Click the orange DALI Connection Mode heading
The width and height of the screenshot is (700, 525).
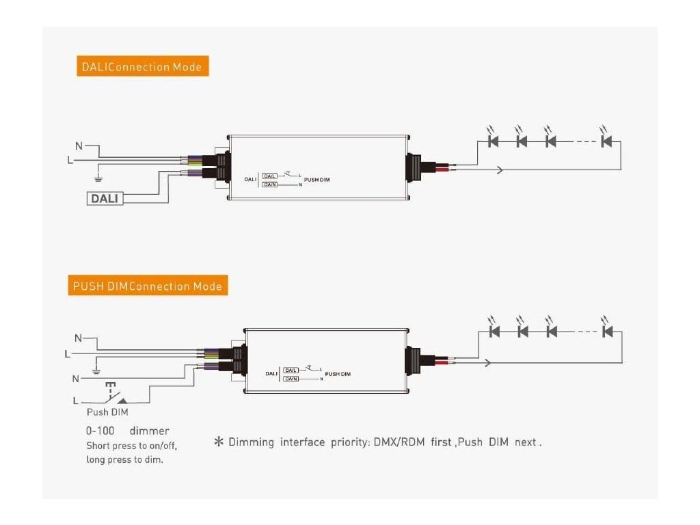(x=142, y=67)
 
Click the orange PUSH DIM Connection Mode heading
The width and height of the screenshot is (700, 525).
(x=149, y=286)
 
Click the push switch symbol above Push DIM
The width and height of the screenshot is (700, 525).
(x=113, y=396)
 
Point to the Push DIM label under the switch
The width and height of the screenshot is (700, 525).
(x=107, y=412)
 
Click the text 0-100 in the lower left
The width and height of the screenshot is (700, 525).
(x=100, y=431)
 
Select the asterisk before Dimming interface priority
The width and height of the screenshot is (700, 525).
(x=219, y=442)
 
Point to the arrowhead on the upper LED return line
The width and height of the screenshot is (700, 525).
(x=500, y=170)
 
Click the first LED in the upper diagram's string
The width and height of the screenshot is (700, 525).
(x=494, y=142)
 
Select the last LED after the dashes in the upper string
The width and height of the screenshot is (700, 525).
(x=605, y=142)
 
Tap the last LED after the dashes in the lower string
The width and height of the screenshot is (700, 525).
(x=605, y=332)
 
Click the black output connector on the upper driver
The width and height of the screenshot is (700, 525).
(x=414, y=166)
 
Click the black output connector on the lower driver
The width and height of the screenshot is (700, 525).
(x=414, y=359)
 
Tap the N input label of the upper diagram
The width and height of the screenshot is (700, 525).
(x=79, y=146)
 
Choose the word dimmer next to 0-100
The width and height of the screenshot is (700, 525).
(x=149, y=431)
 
